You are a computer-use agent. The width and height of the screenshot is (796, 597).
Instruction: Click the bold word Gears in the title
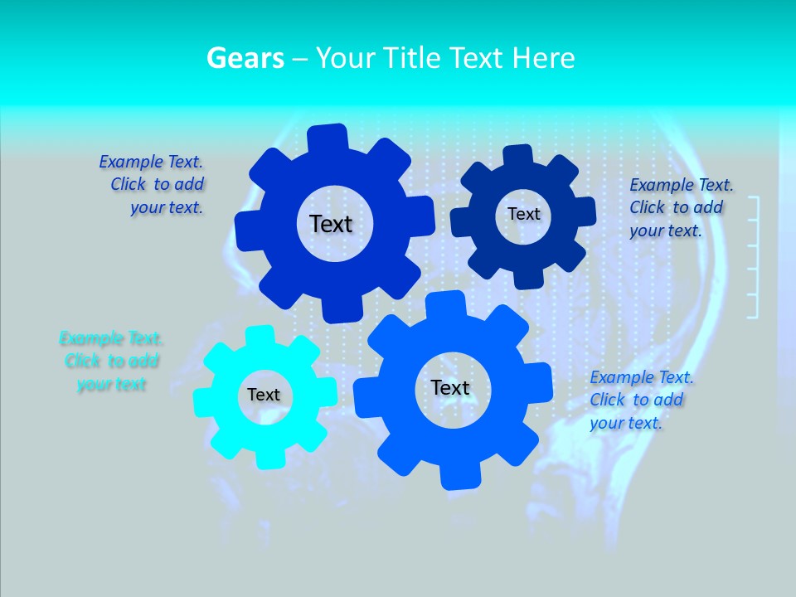[245, 58]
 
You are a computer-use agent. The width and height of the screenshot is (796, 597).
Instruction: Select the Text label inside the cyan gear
[264, 396]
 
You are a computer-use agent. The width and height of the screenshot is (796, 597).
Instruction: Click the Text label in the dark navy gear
[523, 214]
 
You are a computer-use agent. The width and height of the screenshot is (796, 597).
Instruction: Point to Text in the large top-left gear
[331, 224]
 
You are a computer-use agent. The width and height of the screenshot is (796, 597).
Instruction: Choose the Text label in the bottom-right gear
[450, 388]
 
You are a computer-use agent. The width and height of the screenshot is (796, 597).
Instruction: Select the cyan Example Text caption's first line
[111, 338]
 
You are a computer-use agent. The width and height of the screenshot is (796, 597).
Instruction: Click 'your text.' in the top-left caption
[167, 208]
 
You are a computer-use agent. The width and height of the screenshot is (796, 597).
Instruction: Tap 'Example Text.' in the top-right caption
[682, 185]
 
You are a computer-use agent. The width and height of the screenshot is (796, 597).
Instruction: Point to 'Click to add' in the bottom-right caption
[637, 400]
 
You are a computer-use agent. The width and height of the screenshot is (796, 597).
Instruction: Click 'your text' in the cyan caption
[111, 384]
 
